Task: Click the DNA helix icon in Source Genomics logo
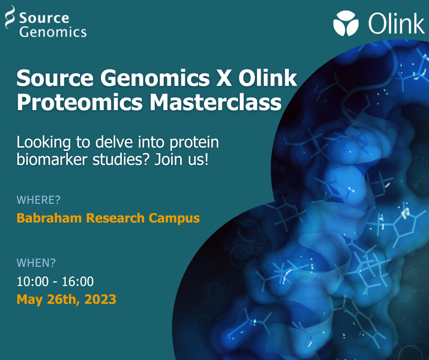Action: coord(10,17)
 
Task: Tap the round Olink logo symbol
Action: coord(346,23)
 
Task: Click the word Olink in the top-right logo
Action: coord(396,23)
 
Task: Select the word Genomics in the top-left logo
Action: coord(53,32)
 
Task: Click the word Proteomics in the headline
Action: coord(79,103)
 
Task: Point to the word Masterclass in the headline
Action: coord(215,102)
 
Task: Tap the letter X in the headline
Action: coord(224,78)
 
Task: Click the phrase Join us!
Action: coord(182,159)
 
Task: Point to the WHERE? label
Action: coord(39,200)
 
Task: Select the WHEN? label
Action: coord(37,263)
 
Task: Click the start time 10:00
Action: coord(32,281)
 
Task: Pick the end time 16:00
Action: coord(78,281)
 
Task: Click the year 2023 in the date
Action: coord(100,299)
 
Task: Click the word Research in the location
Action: coord(115,218)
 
